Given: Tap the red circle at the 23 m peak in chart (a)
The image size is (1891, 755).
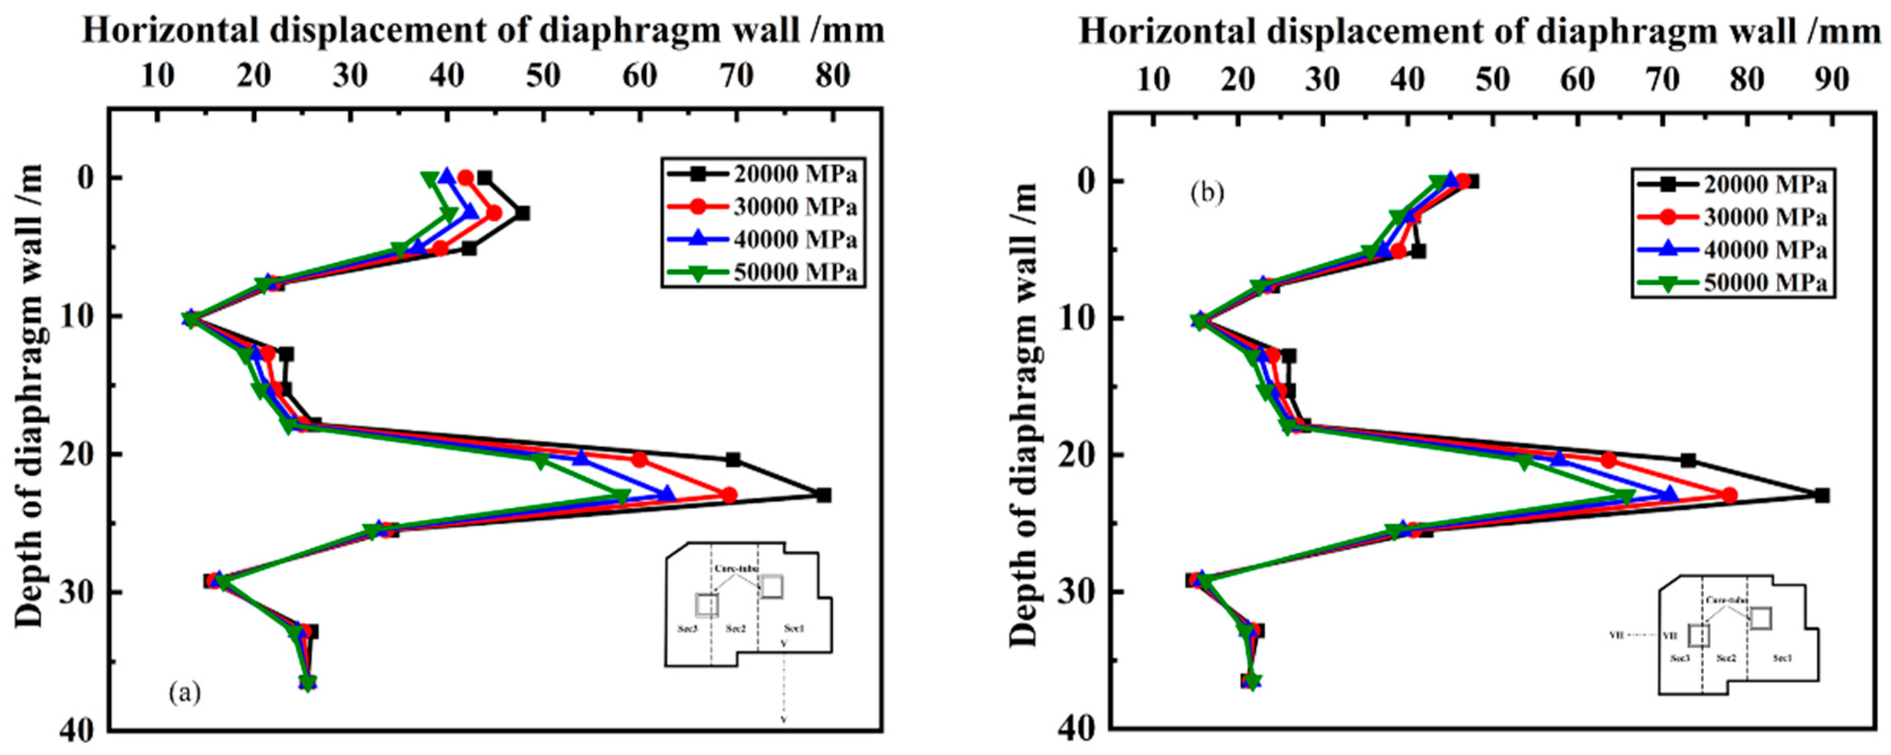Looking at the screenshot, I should [x=729, y=495].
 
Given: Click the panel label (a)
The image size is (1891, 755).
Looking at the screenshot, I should [x=184, y=691].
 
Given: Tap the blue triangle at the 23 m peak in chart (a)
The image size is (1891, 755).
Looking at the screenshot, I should [x=668, y=494].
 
